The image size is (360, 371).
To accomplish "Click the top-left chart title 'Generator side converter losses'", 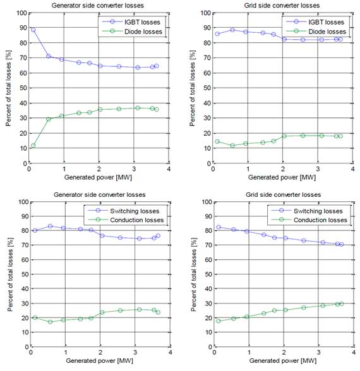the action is pyautogui.click(x=97, y=6).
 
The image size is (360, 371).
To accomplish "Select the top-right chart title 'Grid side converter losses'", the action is pyautogui.click(x=282, y=6).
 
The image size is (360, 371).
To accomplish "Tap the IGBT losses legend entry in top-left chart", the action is pyautogui.click(x=131, y=22).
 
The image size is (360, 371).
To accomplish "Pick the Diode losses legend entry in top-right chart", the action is pyautogui.click(x=316, y=32).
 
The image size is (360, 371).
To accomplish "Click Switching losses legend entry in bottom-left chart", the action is pyautogui.click(x=124, y=211).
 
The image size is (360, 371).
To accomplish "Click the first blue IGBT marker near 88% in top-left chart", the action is pyautogui.click(x=33, y=30).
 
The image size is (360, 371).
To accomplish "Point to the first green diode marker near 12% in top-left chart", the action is pyautogui.click(x=33, y=146).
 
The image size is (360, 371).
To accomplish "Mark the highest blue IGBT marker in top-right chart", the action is pyautogui.click(x=232, y=30).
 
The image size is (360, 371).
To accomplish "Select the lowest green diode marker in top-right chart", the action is pyautogui.click(x=232, y=146).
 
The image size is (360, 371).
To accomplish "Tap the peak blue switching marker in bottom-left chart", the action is pyautogui.click(x=50, y=226).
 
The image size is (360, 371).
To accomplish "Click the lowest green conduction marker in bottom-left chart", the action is pyautogui.click(x=50, y=322).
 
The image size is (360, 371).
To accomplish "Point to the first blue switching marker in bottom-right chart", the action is pyautogui.click(x=219, y=227).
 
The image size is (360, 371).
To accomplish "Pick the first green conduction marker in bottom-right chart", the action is pyautogui.click(x=219, y=321).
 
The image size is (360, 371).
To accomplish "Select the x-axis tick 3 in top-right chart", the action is pyautogui.click(x=318, y=169).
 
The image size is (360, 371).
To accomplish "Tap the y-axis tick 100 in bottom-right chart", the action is pyautogui.click(x=207, y=202).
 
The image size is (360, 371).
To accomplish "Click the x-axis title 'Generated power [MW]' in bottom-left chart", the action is pyautogui.click(x=100, y=361).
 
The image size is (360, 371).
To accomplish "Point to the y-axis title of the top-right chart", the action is pyautogui.click(x=192, y=88).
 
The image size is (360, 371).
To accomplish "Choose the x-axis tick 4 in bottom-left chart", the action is pyautogui.click(x=170, y=352).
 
